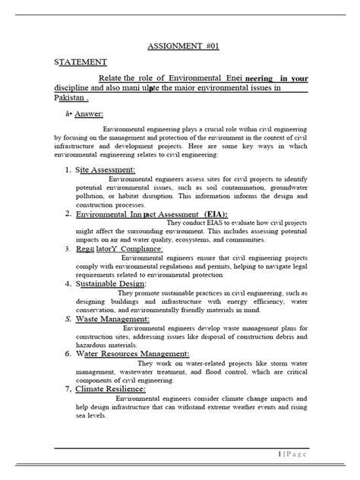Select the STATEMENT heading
click(x=80, y=62)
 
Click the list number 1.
click(x=67, y=169)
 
